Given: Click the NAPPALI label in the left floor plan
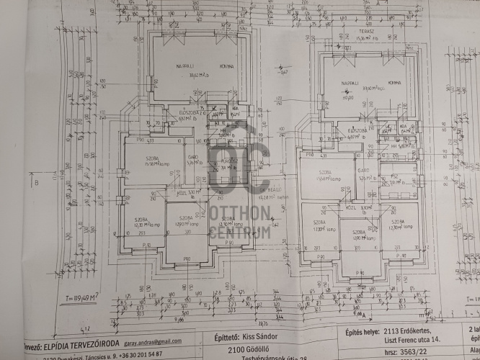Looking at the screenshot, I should [x=171, y=66].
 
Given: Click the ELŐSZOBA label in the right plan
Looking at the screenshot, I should [x=358, y=130].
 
